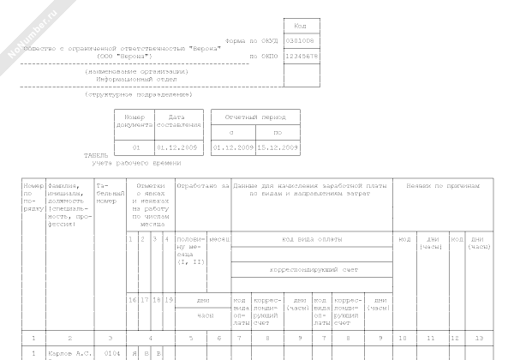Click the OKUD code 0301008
300,40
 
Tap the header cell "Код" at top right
300,25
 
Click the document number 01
134,147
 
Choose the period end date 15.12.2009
278,147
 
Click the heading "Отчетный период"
255,116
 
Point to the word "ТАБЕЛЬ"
96,155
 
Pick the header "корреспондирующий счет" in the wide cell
312,269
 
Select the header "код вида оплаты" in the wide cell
312,238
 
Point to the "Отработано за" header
202,185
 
